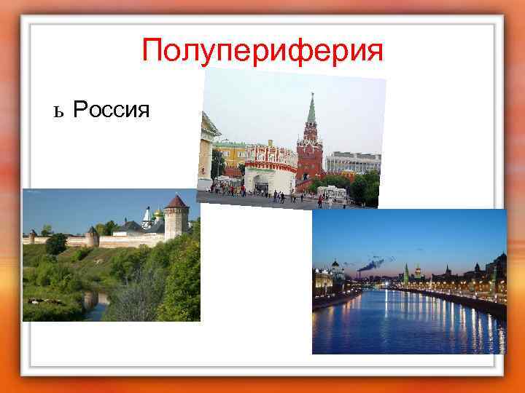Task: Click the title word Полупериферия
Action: pyautogui.click(x=262, y=51)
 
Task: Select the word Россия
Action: pyautogui.click(x=112, y=110)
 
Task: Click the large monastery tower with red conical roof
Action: pyautogui.click(x=176, y=216)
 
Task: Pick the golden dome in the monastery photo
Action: pyautogui.click(x=157, y=213)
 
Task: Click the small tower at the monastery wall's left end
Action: pyautogui.click(x=32, y=236)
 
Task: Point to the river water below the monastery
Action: pyautogui.click(x=95, y=302)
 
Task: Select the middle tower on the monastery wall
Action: pyautogui.click(x=92, y=236)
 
